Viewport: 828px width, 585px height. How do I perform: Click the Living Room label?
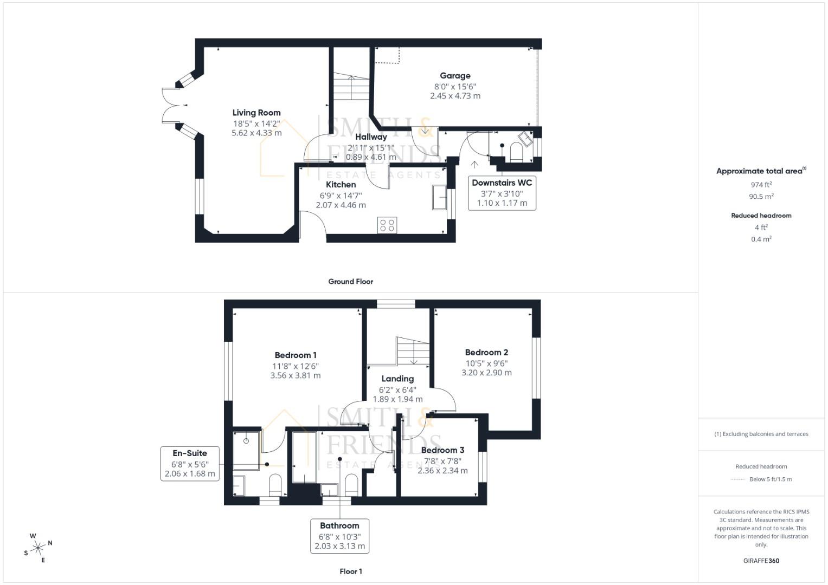[x=256, y=113]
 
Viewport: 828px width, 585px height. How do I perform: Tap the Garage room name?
[x=455, y=76]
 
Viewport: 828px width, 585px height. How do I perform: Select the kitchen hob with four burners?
[x=387, y=225]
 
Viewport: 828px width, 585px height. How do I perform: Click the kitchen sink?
[x=439, y=197]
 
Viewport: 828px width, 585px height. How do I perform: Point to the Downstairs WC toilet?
[x=516, y=153]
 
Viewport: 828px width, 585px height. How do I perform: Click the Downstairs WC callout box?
[x=502, y=193]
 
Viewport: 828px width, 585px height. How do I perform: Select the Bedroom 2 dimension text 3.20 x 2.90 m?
[x=486, y=373]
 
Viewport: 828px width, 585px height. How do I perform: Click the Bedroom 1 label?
[x=296, y=355]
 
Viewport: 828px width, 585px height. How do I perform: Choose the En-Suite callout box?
[x=190, y=464]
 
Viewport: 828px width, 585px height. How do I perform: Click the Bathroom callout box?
[x=339, y=536]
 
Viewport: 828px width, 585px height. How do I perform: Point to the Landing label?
[x=397, y=379]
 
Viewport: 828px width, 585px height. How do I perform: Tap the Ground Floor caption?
[x=350, y=282]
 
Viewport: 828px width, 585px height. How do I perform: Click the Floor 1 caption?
[x=350, y=571]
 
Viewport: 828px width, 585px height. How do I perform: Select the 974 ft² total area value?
[x=761, y=185]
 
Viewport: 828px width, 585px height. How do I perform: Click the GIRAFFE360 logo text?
[x=761, y=561]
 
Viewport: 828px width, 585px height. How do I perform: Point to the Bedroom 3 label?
[x=442, y=450]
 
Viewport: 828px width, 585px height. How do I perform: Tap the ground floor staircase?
[x=351, y=87]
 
